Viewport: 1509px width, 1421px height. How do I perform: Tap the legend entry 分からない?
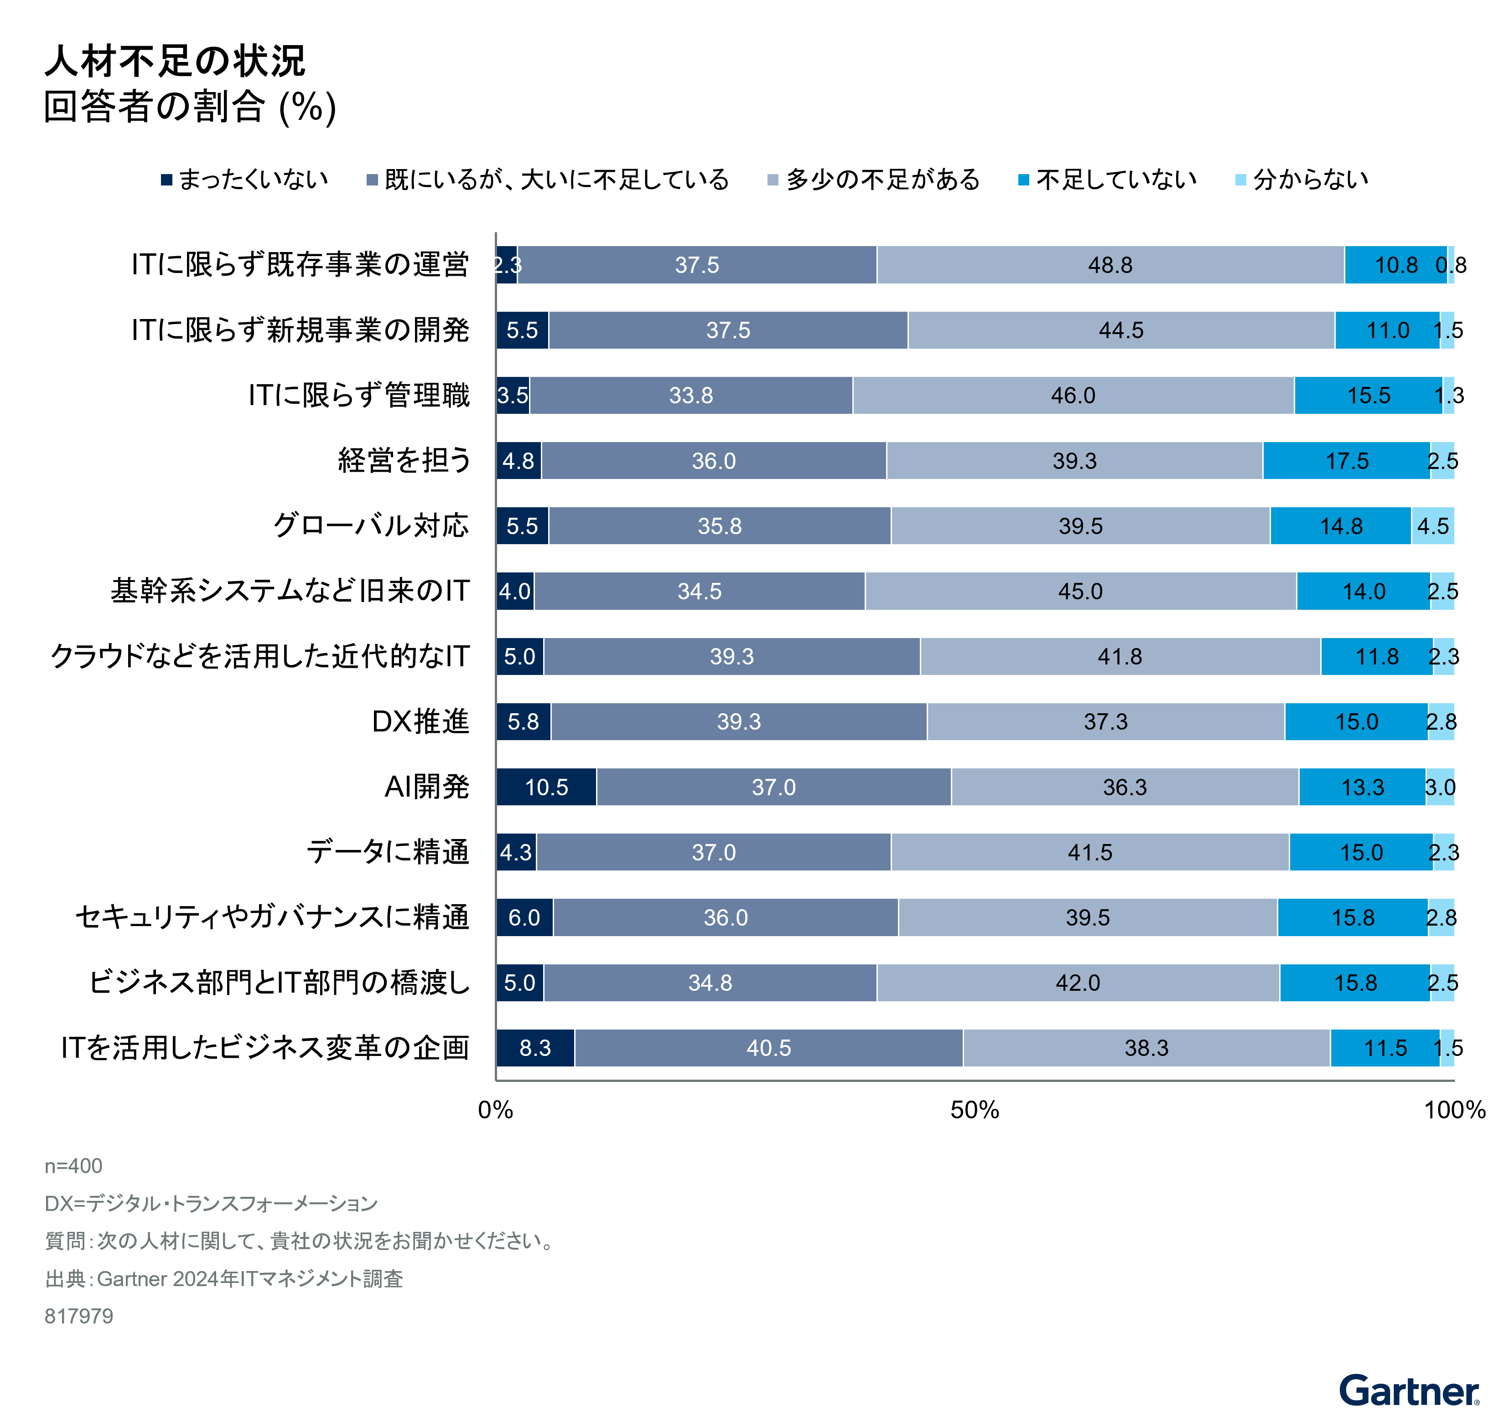coord(1302,180)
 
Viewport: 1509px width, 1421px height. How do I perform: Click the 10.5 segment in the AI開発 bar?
coord(546,787)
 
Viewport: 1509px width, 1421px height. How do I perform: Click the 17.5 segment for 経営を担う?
coord(1347,460)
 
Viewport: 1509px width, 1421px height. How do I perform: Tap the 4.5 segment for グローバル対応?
coord(1432,526)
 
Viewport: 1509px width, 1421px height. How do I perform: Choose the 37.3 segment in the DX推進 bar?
coord(1105,721)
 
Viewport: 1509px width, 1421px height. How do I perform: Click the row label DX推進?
coord(420,721)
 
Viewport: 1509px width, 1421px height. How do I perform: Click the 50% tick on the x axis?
coord(975,1110)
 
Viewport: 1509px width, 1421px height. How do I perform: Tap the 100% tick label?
coord(1453,1110)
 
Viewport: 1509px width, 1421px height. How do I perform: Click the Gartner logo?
coord(1409,1391)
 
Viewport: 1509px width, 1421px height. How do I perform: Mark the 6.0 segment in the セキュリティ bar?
coord(524,917)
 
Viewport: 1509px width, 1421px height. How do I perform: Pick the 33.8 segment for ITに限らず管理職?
coord(691,395)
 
